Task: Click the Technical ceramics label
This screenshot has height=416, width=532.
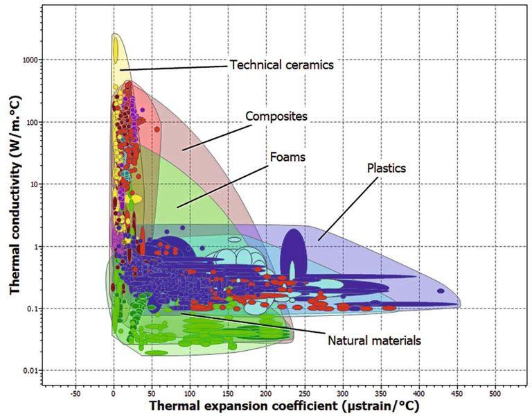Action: tap(281, 64)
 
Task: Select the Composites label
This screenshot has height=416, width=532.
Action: tap(276, 116)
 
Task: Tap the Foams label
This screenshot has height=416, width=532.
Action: tap(288, 157)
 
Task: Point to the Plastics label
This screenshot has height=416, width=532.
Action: tap(387, 168)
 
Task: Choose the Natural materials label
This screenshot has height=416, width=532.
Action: tap(375, 340)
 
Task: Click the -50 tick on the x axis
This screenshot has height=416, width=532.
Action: tap(75, 393)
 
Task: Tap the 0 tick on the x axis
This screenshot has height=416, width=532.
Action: tap(114, 393)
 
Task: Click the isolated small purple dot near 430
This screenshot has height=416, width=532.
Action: tap(440, 292)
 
